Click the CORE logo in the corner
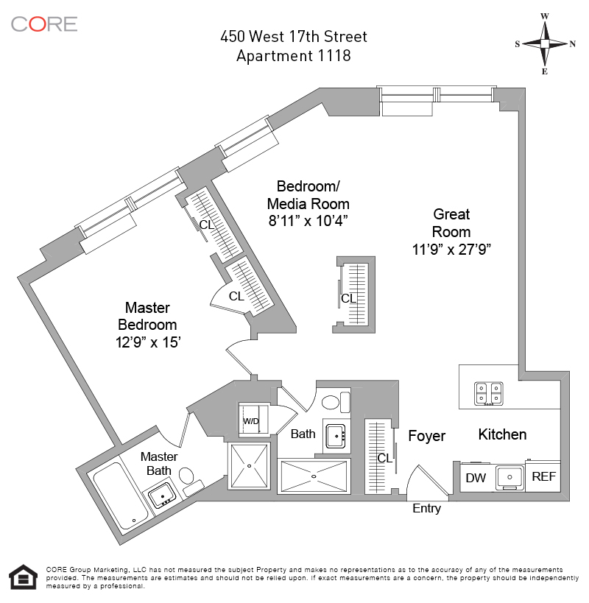[44, 24]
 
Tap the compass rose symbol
[545, 43]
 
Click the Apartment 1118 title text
[293, 56]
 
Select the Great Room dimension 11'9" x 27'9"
[451, 250]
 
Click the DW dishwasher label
[476, 478]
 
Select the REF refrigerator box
[543, 477]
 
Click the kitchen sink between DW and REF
[508, 478]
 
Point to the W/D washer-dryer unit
[251, 422]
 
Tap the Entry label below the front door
[426, 509]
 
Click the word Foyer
[427, 437]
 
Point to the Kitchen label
[502, 434]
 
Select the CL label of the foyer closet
[384, 458]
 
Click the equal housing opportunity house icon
[23, 578]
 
